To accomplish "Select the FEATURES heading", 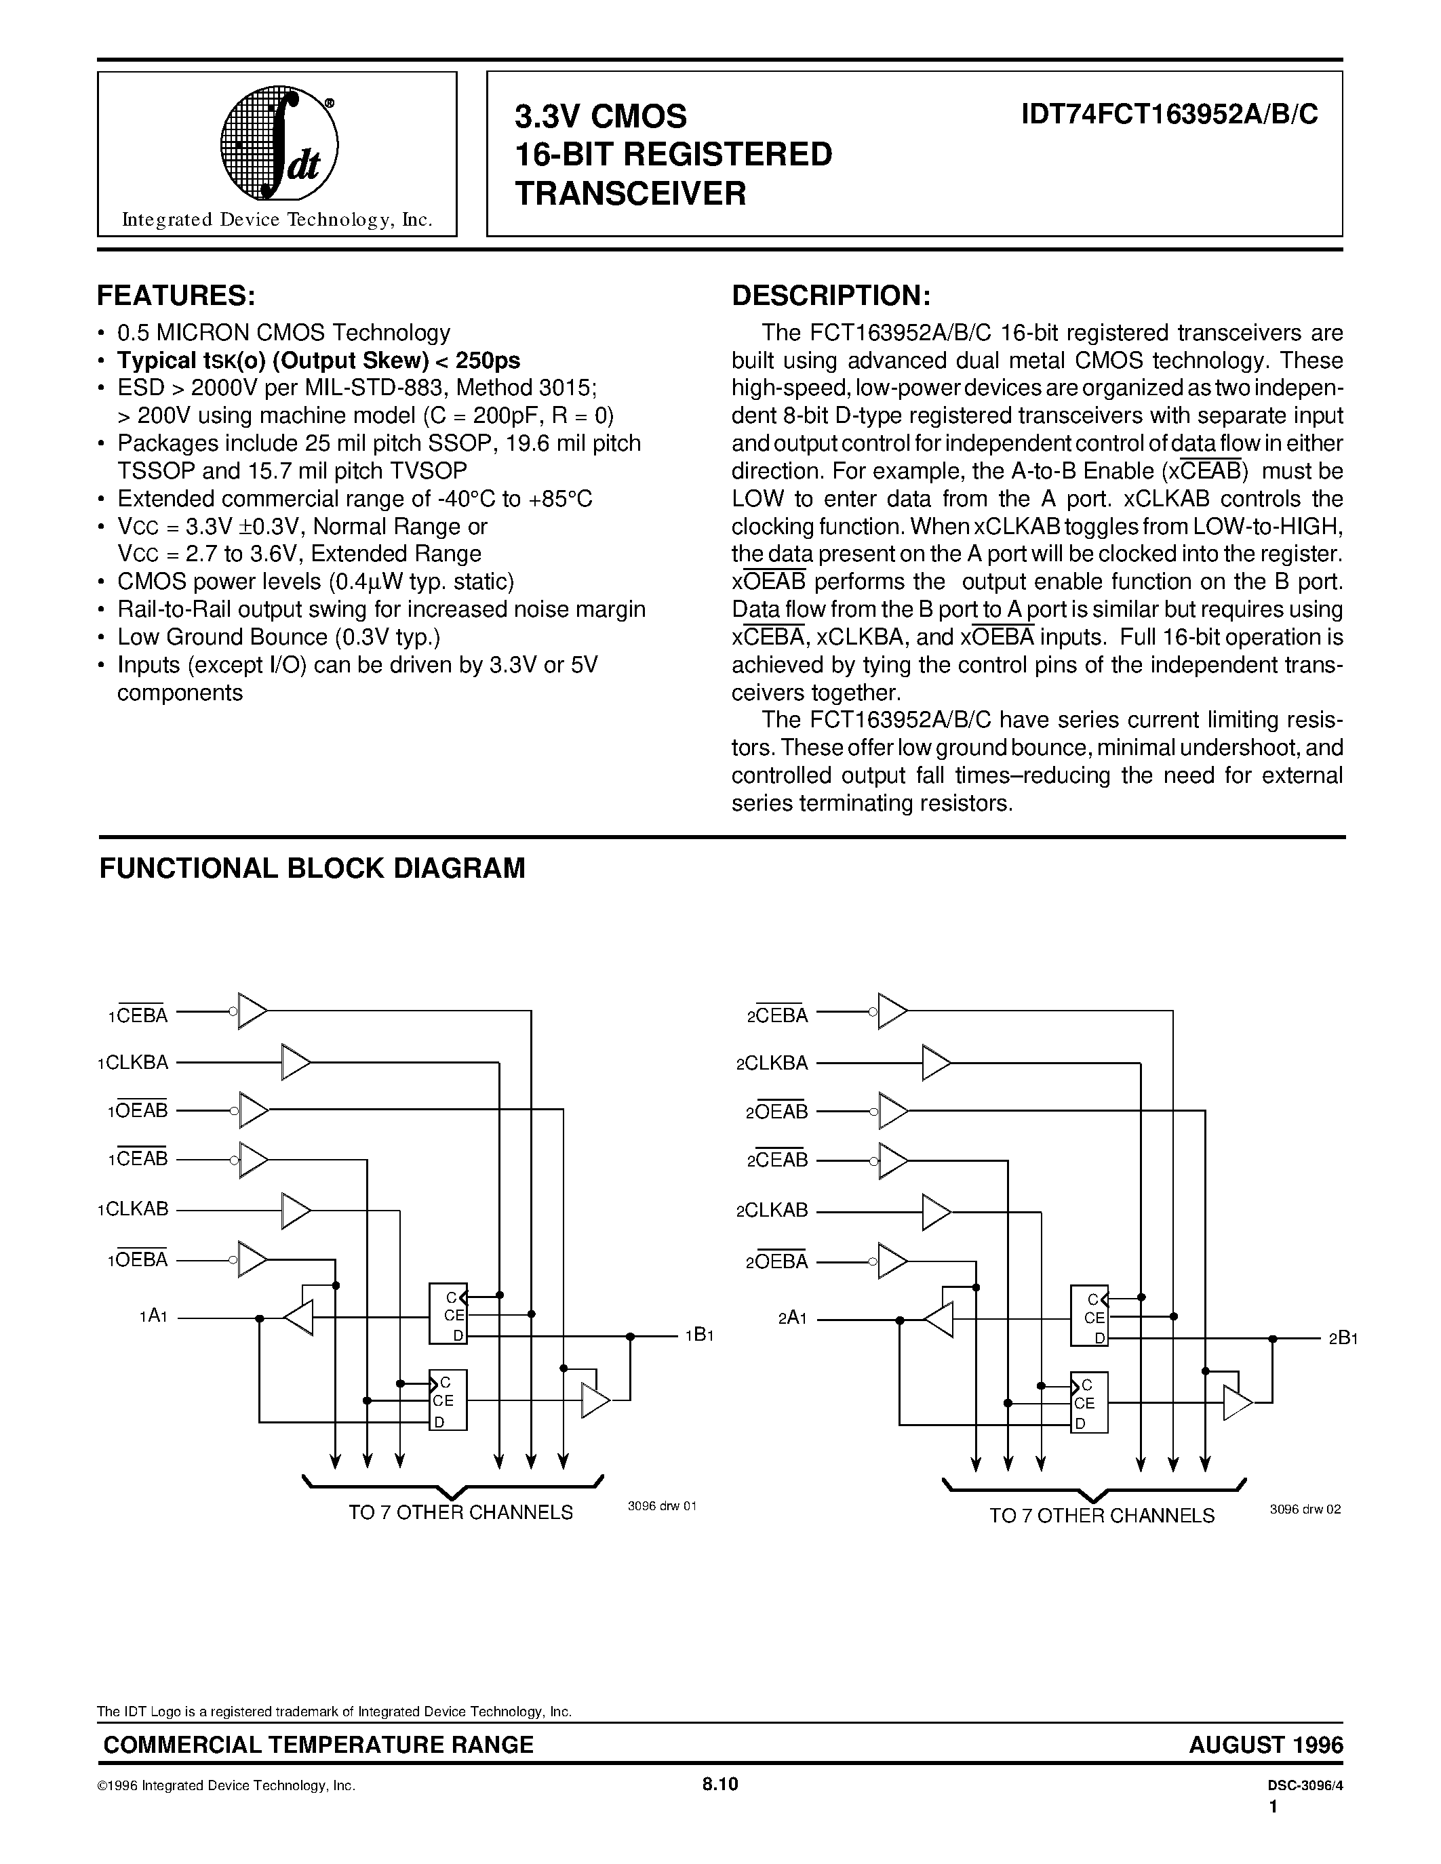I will (x=176, y=296).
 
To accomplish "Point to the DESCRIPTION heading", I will (x=831, y=296).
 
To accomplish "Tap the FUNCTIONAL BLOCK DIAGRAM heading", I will (x=313, y=868).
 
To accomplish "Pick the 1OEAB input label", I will (x=138, y=1111).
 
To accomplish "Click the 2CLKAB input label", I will (x=772, y=1210).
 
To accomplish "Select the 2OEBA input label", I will (x=777, y=1261).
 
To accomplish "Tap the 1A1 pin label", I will (x=154, y=1316).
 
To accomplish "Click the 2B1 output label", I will (x=1342, y=1338).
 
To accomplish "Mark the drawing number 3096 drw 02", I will (x=1305, y=1509).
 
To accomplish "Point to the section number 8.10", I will (x=719, y=1784).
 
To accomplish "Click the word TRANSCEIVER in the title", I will (x=630, y=195).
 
